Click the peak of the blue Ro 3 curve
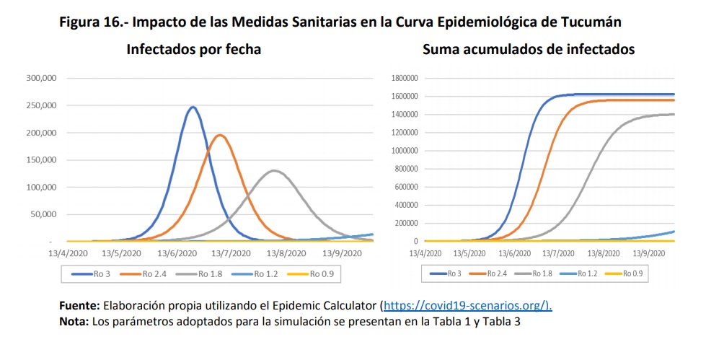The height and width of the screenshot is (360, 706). coord(193,107)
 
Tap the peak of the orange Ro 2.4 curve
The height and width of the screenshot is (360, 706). coord(219,135)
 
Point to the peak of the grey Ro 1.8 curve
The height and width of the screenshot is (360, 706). coord(274,170)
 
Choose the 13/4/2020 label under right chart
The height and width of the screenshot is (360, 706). coord(425,254)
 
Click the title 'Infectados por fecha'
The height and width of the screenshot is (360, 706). coord(194,50)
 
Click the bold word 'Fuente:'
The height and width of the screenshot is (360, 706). coord(81,306)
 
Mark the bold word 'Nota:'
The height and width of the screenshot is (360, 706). coord(74,321)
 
